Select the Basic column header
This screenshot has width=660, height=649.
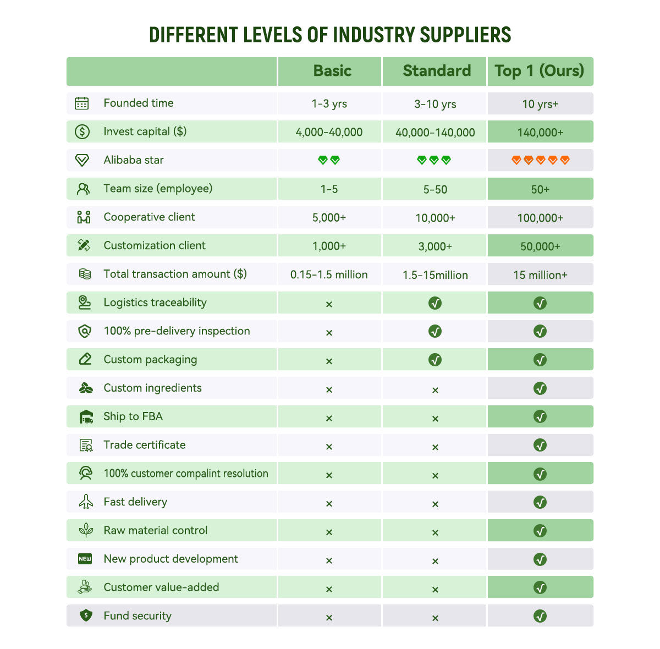point(332,71)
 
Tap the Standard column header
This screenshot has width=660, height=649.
point(437,71)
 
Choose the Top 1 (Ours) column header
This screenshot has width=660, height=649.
point(539,71)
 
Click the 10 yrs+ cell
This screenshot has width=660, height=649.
point(540,104)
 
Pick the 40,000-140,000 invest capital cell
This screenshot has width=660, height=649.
point(435,133)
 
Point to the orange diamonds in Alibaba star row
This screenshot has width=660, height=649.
point(540,160)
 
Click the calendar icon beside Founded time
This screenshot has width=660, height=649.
point(82,103)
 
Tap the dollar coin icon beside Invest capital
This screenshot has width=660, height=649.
point(82,131)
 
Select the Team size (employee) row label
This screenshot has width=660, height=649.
point(158,189)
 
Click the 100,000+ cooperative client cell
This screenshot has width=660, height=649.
point(540,218)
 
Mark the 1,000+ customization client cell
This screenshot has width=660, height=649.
point(329,246)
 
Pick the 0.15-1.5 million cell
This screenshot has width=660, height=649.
point(329,274)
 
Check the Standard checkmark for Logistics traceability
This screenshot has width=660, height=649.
point(435,303)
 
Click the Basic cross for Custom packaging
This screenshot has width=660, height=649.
point(329,361)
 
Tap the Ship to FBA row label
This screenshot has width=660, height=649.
point(133,416)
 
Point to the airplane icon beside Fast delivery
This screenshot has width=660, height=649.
point(86,502)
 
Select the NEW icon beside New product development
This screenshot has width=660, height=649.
point(85,559)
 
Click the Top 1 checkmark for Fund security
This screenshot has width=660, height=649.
point(540,616)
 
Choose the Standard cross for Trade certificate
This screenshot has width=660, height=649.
point(435,447)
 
